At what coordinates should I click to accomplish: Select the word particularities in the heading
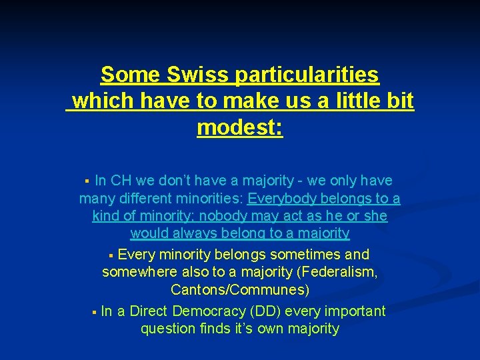click(307, 75)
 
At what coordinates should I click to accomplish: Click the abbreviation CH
click(121, 181)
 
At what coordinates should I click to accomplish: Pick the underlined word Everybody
click(282, 199)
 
